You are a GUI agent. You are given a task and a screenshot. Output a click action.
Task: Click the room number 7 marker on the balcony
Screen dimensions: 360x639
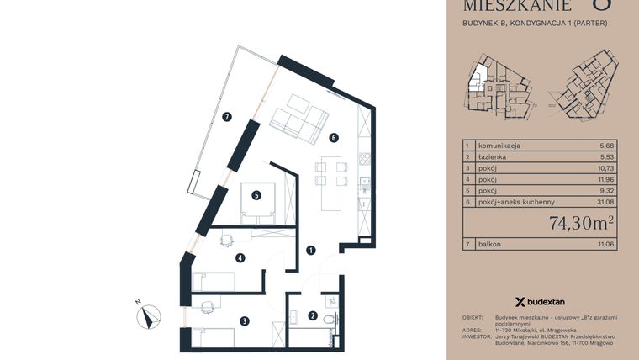coord(227,118)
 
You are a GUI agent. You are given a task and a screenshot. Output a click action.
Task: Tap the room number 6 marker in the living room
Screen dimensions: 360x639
coord(334,137)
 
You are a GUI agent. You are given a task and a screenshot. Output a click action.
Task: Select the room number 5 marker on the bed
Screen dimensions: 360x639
coord(256,196)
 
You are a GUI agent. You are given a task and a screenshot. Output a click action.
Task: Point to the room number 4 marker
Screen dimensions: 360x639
coord(240,258)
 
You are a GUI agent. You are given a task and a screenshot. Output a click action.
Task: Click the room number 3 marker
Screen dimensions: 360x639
coord(244,320)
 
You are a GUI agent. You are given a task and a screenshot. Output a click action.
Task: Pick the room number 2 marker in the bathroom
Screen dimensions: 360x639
coord(313,316)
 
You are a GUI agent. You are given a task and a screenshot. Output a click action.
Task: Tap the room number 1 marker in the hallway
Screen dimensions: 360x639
coord(310,250)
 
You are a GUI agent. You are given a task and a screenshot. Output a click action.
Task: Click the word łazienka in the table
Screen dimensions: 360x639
coord(492,157)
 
